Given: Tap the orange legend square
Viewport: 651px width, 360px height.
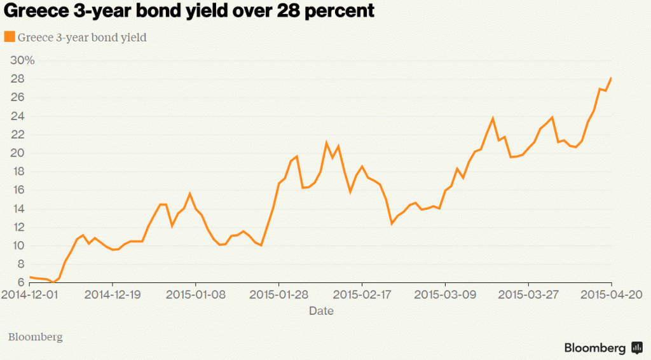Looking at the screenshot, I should click(x=10, y=37).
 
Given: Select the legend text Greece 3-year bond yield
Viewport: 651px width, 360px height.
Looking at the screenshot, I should click(x=82, y=38).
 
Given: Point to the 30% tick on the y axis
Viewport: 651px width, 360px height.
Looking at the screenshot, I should click(x=22, y=60).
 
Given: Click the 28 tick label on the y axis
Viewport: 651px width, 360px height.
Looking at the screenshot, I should click(x=17, y=79).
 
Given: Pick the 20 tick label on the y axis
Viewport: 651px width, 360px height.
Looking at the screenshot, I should click(x=17, y=153).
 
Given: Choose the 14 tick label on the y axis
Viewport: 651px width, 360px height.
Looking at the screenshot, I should click(x=17, y=209).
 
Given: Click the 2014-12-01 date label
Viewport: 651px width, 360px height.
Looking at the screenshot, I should click(x=30, y=294).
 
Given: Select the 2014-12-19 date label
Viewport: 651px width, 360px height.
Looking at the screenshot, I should click(x=113, y=294).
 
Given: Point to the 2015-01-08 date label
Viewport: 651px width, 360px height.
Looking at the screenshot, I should click(x=196, y=294).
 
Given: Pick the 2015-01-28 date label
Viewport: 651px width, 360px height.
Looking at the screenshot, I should click(x=278, y=294).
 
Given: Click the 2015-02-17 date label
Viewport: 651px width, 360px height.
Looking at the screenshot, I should click(x=362, y=294).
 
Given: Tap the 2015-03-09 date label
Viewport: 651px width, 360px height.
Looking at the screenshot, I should click(x=445, y=294).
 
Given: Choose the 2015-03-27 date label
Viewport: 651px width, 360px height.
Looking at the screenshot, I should click(x=528, y=294).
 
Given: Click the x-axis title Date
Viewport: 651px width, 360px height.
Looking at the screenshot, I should click(x=321, y=311).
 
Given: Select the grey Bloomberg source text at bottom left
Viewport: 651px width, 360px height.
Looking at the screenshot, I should click(x=35, y=336).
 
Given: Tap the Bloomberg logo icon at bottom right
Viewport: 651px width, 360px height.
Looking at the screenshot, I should click(x=636, y=348).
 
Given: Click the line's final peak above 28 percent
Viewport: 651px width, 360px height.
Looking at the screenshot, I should click(x=611, y=78).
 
